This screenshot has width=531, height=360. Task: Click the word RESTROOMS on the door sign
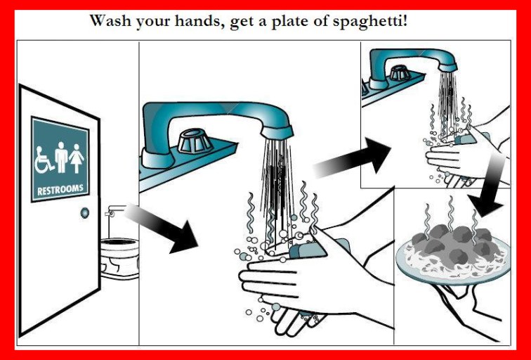point(60,189)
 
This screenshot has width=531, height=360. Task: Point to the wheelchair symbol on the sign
point(44,160)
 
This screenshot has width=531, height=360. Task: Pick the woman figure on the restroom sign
point(77,159)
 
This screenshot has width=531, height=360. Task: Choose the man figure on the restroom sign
point(61,157)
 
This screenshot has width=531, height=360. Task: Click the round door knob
point(85,213)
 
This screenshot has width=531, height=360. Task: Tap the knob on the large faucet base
point(195,141)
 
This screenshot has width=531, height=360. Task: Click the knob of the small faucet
point(400,73)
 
